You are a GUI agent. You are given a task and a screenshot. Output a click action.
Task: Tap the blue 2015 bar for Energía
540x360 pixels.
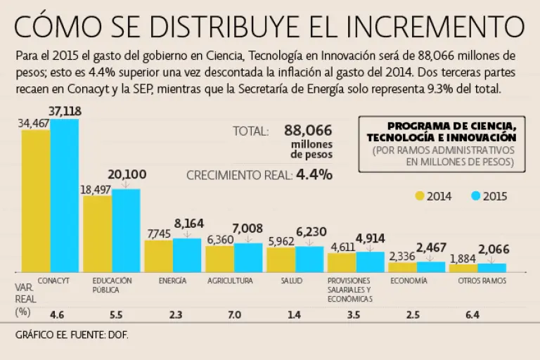click(186, 255)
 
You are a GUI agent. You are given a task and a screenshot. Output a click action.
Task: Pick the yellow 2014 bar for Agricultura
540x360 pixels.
click(219, 259)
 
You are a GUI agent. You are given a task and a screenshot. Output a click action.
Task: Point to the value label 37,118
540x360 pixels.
click(64, 110)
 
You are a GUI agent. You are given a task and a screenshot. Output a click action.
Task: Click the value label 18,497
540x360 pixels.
click(96, 188)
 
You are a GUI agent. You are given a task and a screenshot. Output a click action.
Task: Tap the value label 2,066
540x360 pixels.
click(493, 250)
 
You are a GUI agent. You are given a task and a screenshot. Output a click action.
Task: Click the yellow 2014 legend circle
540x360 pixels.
click(420, 197)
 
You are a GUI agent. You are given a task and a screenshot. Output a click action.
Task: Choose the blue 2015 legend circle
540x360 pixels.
click(475, 197)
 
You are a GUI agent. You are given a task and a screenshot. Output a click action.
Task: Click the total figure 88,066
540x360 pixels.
click(308, 130)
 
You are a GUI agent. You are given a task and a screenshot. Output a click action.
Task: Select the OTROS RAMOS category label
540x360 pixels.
click(482, 281)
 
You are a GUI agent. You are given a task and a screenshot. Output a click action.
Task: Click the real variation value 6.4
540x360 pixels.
click(472, 315)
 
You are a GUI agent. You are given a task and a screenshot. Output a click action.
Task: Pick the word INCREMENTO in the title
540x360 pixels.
click(439, 27)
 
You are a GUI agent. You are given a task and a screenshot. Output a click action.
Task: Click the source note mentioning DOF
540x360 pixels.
click(72, 335)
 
